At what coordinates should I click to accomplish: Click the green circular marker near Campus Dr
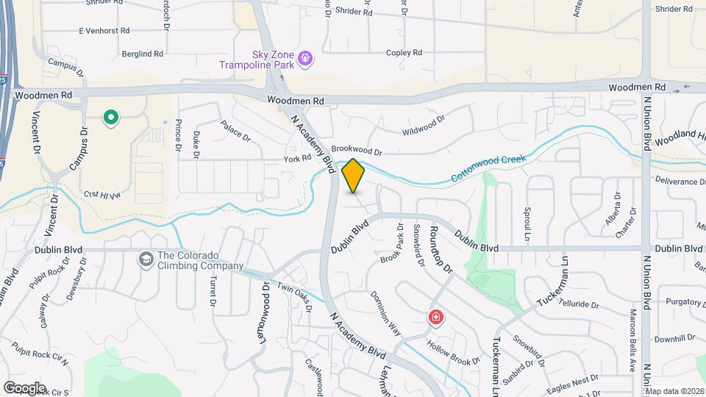point(111,117)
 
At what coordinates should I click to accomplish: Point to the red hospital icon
point(436,318)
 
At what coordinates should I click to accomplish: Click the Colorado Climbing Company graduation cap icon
point(146,258)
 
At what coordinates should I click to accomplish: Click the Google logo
point(24,387)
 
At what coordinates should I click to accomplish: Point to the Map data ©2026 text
point(673,391)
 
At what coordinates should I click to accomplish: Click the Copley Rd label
point(404,53)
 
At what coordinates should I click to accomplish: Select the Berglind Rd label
point(143,54)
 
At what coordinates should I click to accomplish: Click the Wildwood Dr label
point(424,125)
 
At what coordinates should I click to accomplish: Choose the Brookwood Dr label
point(357,151)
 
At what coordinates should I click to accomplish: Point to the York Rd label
point(298,159)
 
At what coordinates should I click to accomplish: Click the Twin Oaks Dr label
point(296,290)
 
